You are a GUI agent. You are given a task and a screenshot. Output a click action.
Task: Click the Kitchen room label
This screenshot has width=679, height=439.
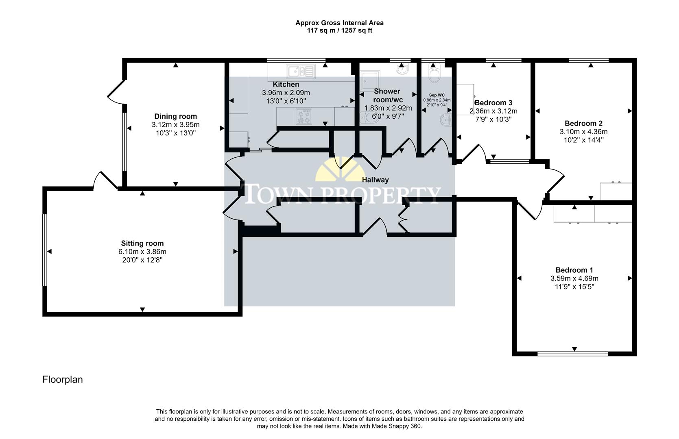[286, 85]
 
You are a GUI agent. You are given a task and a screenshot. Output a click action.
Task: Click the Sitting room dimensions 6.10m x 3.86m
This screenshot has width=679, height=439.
[142, 252]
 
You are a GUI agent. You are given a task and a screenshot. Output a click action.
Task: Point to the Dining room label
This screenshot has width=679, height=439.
[175, 117]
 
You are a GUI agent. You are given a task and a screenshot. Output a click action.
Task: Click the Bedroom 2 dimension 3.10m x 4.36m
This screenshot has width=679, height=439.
[583, 132]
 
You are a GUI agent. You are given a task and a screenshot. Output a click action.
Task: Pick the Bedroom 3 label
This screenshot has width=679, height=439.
[493, 103]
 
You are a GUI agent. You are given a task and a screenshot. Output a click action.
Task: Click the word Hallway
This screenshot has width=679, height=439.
[375, 180]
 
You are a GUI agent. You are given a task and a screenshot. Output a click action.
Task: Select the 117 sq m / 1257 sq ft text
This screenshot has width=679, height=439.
[339, 30]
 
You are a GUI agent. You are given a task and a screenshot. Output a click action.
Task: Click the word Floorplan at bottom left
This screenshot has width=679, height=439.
[63, 380]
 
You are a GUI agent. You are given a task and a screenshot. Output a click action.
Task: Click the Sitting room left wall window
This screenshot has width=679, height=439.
[45, 251]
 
